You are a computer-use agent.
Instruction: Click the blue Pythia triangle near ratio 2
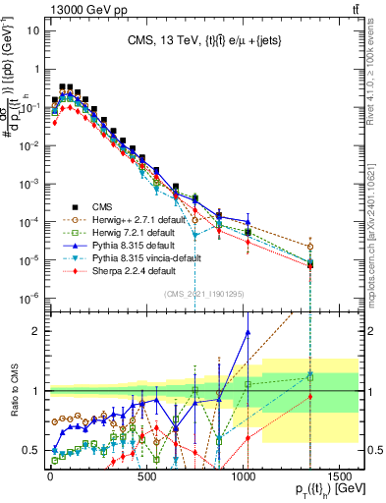pos(248,332)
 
